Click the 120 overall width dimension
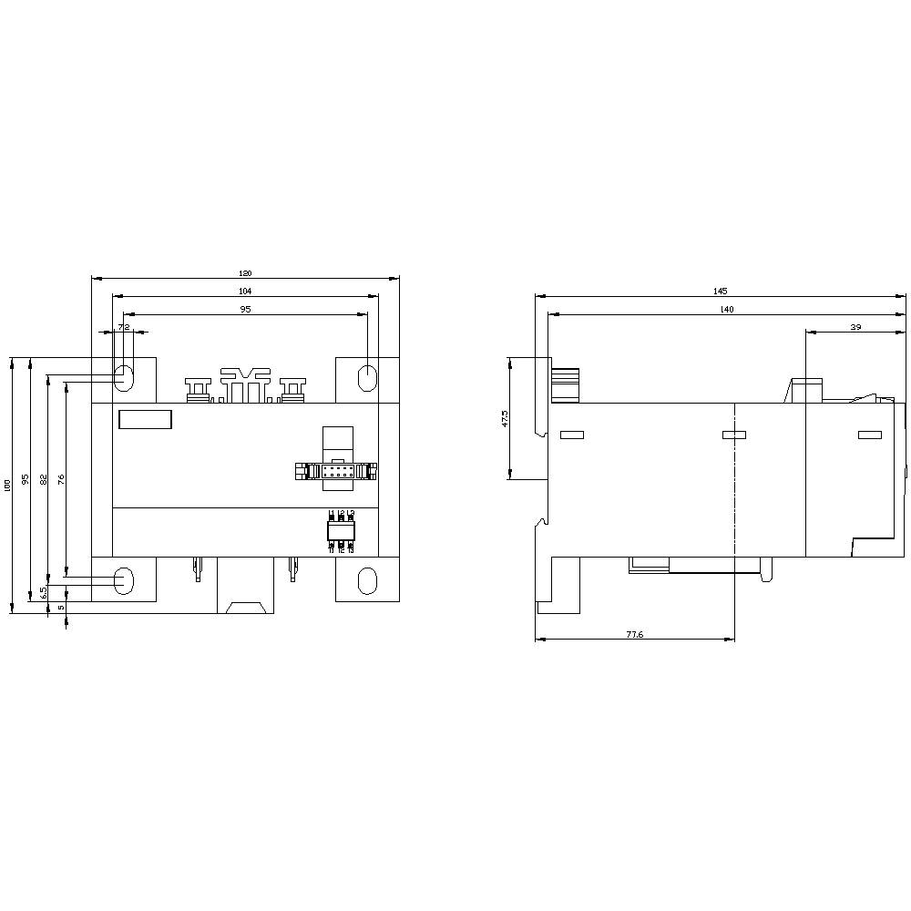pos(245,273)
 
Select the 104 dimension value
pos(245,291)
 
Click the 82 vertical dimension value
pos(43,479)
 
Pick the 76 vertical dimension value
pos(61,479)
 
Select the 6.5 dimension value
pos(43,592)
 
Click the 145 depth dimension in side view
pos(720,291)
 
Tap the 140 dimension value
pos(726,310)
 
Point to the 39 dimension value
pos(855,326)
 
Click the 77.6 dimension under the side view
pos(634,634)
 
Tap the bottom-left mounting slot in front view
pos(124,580)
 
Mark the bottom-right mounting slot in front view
pos(366,580)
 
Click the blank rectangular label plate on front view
pos(145,419)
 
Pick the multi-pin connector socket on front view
pos(336,471)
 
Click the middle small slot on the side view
pos(733,435)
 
